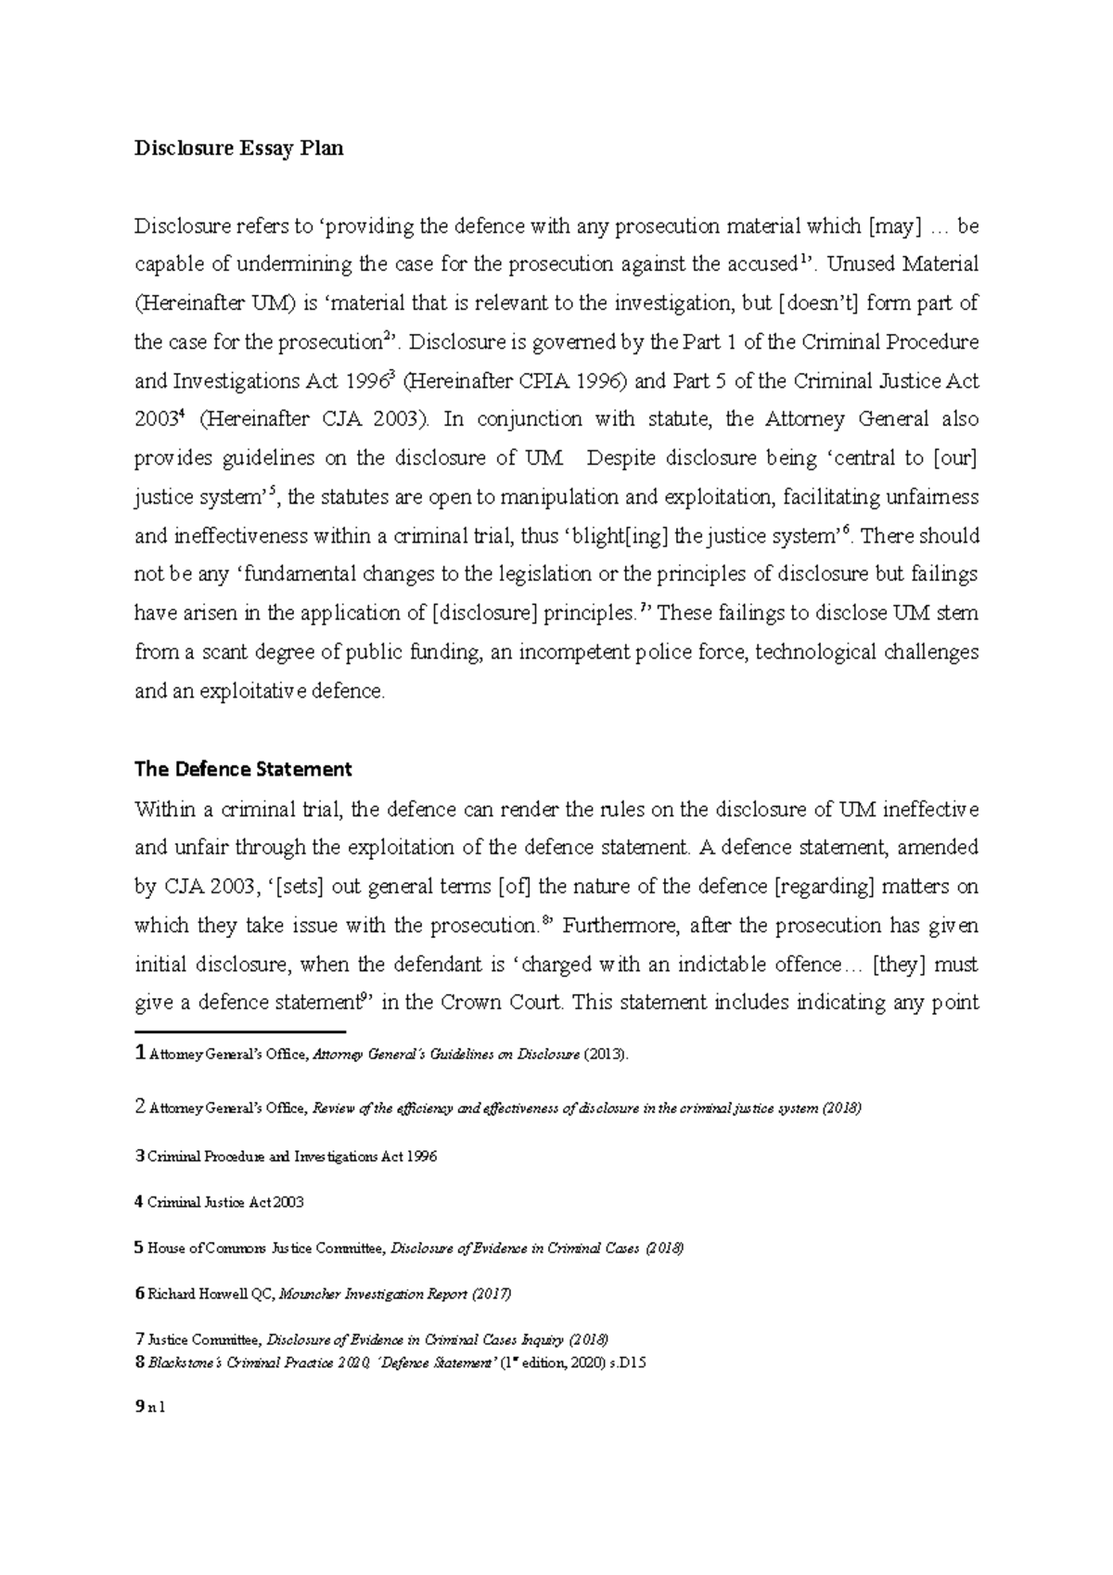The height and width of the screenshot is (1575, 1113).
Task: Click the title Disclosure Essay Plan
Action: click(238, 148)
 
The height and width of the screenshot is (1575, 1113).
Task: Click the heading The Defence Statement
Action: click(243, 769)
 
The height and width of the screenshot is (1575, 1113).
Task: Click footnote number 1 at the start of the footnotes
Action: click(140, 1054)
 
